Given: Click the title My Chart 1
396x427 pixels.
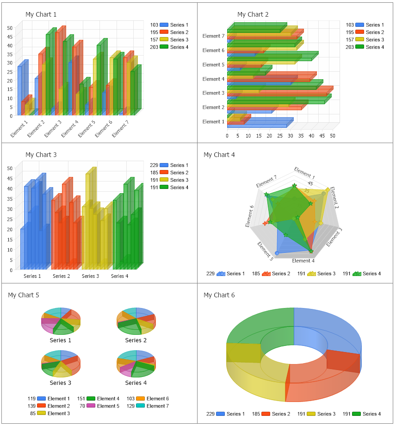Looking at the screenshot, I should tap(41, 15).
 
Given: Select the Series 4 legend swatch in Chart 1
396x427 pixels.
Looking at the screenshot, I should tap(164, 47).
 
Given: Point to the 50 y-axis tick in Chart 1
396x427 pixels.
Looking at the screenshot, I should tap(10, 28).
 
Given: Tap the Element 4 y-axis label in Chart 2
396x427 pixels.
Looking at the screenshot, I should tap(213, 79).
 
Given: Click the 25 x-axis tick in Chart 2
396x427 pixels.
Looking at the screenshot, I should tap(280, 136).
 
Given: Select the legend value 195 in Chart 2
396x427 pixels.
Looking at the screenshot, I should tap(350, 32).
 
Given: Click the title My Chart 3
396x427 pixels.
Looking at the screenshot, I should tap(41, 155).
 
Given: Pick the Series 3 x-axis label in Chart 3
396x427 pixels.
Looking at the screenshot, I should tap(91, 276).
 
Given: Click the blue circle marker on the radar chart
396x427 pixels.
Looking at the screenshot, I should tap(277, 253).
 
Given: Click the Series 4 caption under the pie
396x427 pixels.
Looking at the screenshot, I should tap(136, 383).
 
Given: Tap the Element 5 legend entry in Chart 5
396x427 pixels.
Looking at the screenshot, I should tap(108, 406).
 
